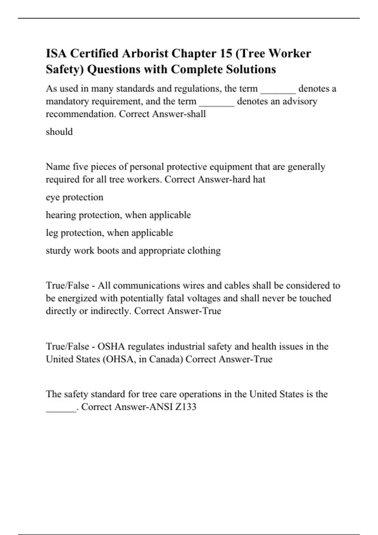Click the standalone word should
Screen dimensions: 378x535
coord(59,132)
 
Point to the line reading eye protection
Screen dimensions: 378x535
coord(74,197)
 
